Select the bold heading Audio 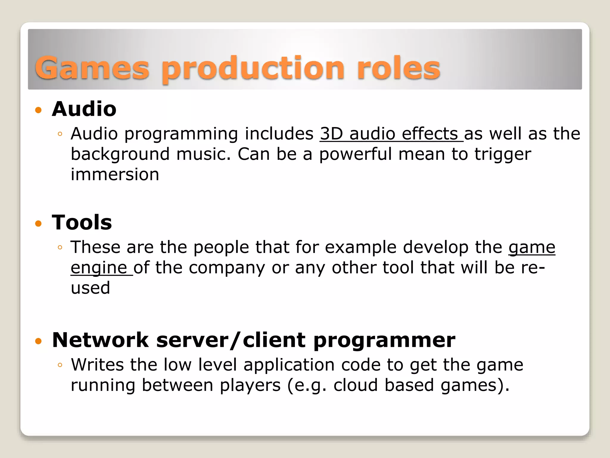pos(84,109)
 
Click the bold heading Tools pos(82,222)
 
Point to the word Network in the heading pos(100,340)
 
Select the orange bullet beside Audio pos(38,110)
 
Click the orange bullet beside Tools pos(38,224)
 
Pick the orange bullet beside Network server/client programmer pos(38,341)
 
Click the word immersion pos(115,174)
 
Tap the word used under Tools pos(90,288)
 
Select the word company pos(227,267)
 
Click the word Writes pos(97,365)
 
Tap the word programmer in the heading pos(384,341)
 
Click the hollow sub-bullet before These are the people pos(60,247)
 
